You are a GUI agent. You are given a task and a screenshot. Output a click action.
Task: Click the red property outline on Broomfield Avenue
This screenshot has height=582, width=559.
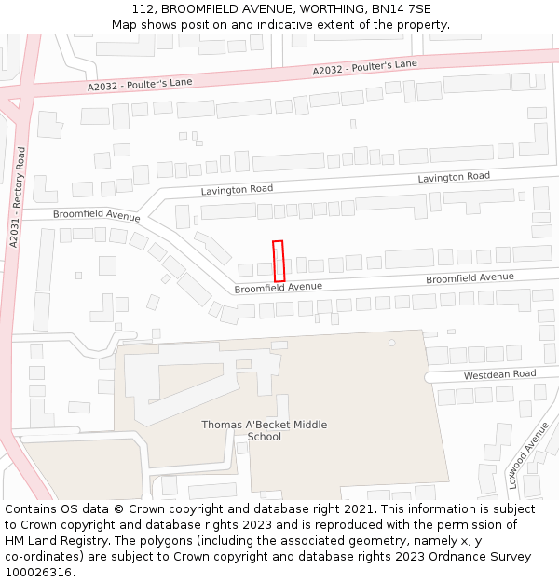click(x=278, y=261)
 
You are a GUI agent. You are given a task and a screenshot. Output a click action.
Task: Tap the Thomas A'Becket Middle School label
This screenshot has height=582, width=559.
click(x=265, y=430)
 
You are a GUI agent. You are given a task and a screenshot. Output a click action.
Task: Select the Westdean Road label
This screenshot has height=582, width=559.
click(x=500, y=374)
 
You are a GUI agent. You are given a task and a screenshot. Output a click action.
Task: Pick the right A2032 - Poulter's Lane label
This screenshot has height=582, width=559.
click(x=364, y=67)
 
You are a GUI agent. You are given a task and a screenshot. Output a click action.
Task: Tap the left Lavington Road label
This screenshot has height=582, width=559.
click(x=237, y=189)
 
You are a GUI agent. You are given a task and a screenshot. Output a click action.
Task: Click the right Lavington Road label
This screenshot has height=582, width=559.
click(x=453, y=177)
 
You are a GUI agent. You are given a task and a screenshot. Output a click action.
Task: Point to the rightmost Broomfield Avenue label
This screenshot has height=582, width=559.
click(x=470, y=277)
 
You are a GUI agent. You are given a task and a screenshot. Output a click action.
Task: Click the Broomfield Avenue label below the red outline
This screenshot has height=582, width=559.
click(x=278, y=288)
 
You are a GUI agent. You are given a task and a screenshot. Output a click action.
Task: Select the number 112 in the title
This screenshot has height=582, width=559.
click(x=143, y=8)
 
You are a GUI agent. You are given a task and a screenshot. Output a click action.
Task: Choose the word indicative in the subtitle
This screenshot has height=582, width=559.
click(x=266, y=24)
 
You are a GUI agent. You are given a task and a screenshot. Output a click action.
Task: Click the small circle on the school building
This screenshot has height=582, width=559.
click(x=392, y=343)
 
